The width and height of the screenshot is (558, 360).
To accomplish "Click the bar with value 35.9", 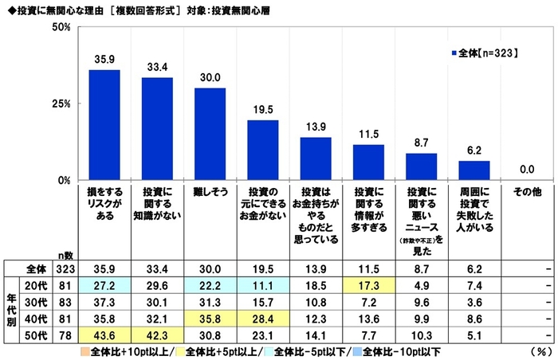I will click(x=104, y=125).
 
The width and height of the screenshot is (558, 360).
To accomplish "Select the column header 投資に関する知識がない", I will click(x=156, y=205).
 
